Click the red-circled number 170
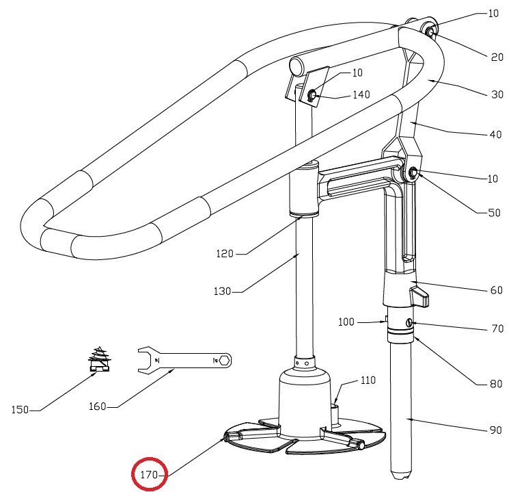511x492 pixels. [149, 474]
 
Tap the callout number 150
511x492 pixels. [20, 410]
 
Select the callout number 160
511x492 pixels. [97, 406]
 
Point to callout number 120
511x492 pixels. [224, 254]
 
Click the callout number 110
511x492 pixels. [368, 380]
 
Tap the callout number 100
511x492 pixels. [346, 321]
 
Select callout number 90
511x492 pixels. [495, 430]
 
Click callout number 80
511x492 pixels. [495, 384]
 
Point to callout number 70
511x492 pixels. [497, 329]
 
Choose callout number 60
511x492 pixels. [496, 291]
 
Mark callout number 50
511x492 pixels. [493, 213]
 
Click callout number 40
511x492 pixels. [495, 135]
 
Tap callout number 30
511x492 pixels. [497, 95]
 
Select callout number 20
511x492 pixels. [497, 57]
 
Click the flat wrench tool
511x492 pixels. [184, 359]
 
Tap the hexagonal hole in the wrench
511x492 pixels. [224, 359]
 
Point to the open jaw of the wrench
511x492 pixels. [143, 359]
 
